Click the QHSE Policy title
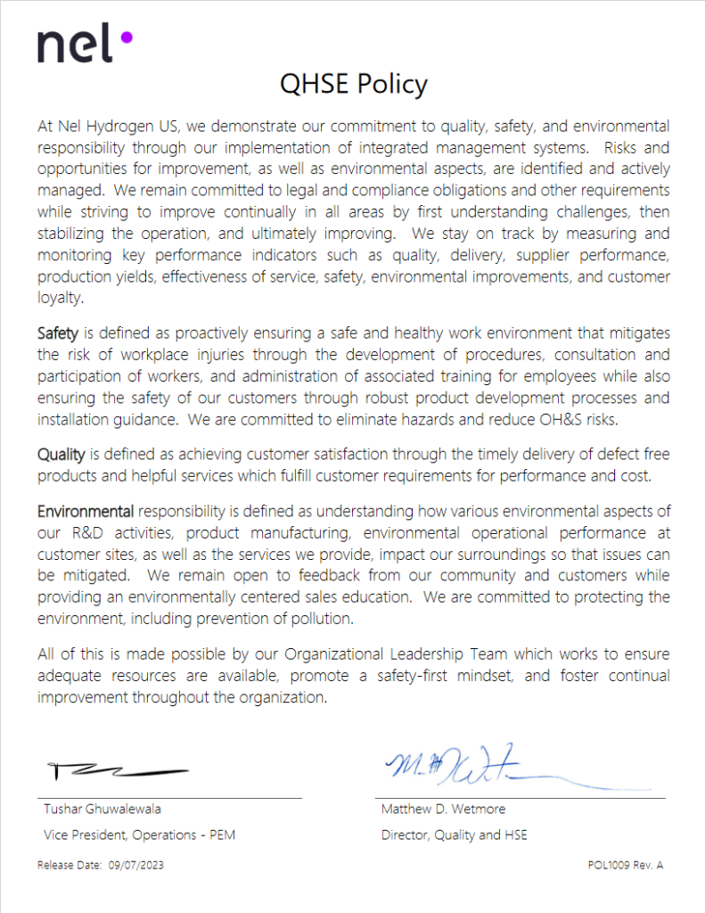point(353,84)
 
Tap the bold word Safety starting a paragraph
point(59,333)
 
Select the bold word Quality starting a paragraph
point(61,455)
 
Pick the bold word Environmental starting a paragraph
point(86,512)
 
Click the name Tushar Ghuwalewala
point(102,810)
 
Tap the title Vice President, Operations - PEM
point(140,835)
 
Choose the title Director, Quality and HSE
point(454,835)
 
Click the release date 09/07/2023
point(135,865)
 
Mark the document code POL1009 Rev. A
point(626,865)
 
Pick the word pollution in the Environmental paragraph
point(324,617)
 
